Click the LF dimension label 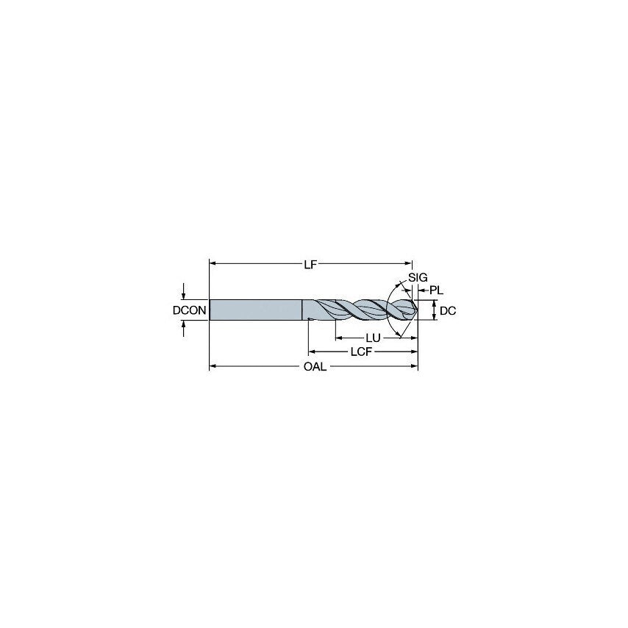click(310, 264)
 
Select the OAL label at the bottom click(315, 367)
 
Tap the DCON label click(189, 310)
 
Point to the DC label click(448, 310)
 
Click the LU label click(374, 338)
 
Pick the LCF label click(360, 352)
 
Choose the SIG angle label click(417, 276)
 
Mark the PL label click(436, 290)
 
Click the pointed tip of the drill click(417, 310)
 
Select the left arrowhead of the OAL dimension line click(213, 366)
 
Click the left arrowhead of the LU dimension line click(339, 338)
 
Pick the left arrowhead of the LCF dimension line click(312, 352)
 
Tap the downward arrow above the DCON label click(183, 295)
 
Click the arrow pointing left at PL click(422, 290)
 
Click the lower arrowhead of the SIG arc click(399, 336)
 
